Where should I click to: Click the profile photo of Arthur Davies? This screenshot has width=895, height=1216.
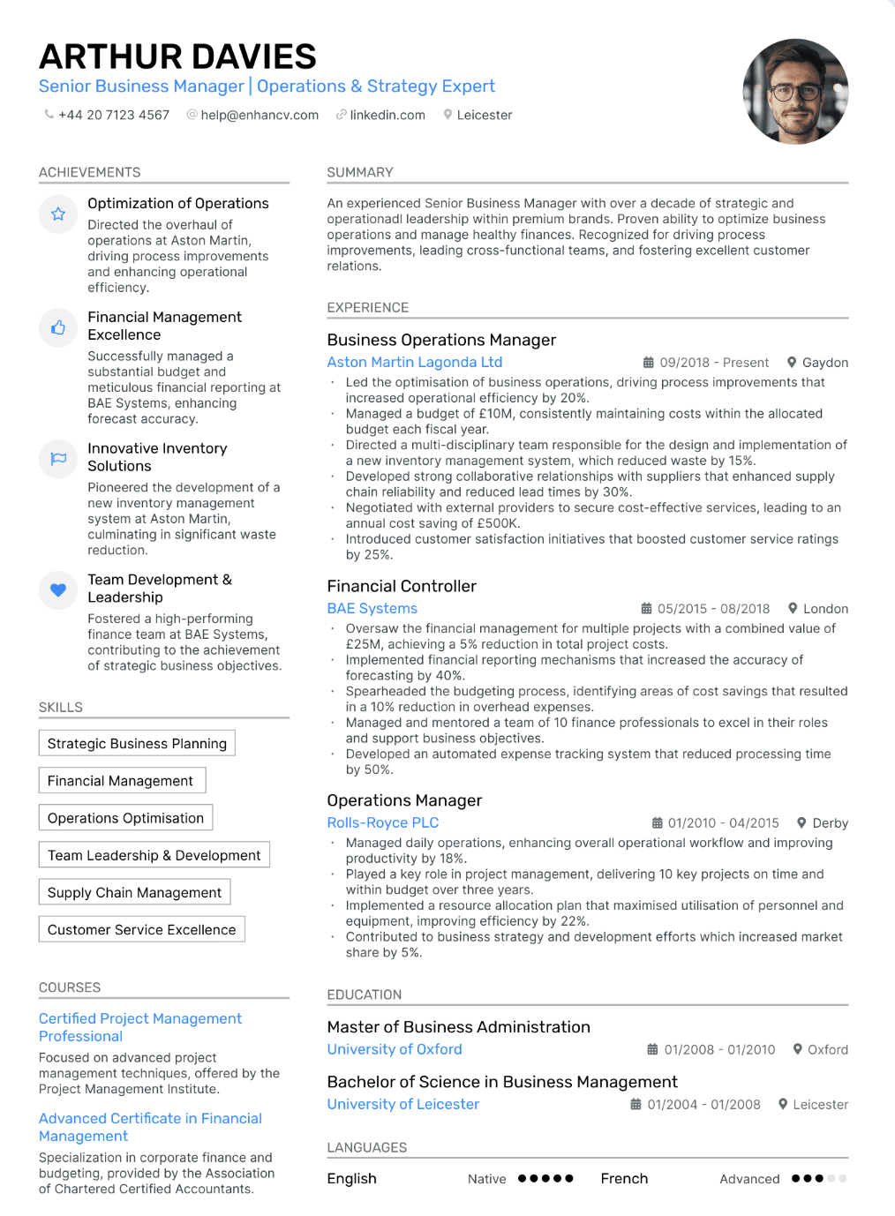[x=795, y=91]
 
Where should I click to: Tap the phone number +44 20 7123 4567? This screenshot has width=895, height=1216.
[x=114, y=115]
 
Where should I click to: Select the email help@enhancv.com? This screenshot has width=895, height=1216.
[x=259, y=115]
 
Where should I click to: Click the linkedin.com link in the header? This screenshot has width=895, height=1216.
[x=387, y=115]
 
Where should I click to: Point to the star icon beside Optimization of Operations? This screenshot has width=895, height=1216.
[x=58, y=214]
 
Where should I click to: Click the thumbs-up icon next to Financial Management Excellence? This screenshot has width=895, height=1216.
[x=58, y=327]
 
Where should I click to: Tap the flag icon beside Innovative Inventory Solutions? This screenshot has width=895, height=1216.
[x=58, y=459]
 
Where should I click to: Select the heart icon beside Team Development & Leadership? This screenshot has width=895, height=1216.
[x=58, y=589]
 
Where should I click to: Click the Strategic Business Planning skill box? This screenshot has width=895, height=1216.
[x=137, y=743]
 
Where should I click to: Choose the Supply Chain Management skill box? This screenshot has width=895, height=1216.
[x=134, y=892]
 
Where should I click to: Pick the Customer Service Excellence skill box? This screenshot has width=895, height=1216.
[x=141, y=929]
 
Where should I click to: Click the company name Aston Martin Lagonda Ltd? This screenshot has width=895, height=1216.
[x=414, y=362]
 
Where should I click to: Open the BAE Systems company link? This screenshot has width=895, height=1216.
[x=372, y=608]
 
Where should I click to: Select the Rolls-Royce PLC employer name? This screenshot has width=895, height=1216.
[x=382, y=822]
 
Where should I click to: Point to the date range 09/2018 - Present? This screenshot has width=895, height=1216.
[x=713, y=363]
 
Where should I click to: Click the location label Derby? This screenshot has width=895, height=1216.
[x=830, y=823]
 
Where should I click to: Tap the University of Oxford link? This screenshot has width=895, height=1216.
[x=394, y=1049]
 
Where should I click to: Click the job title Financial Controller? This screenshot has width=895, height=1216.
[x=401, y=586]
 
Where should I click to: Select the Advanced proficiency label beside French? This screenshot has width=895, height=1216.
[x=749, y=1179]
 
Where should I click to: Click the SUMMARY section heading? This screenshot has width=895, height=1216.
[x=359, y=172]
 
